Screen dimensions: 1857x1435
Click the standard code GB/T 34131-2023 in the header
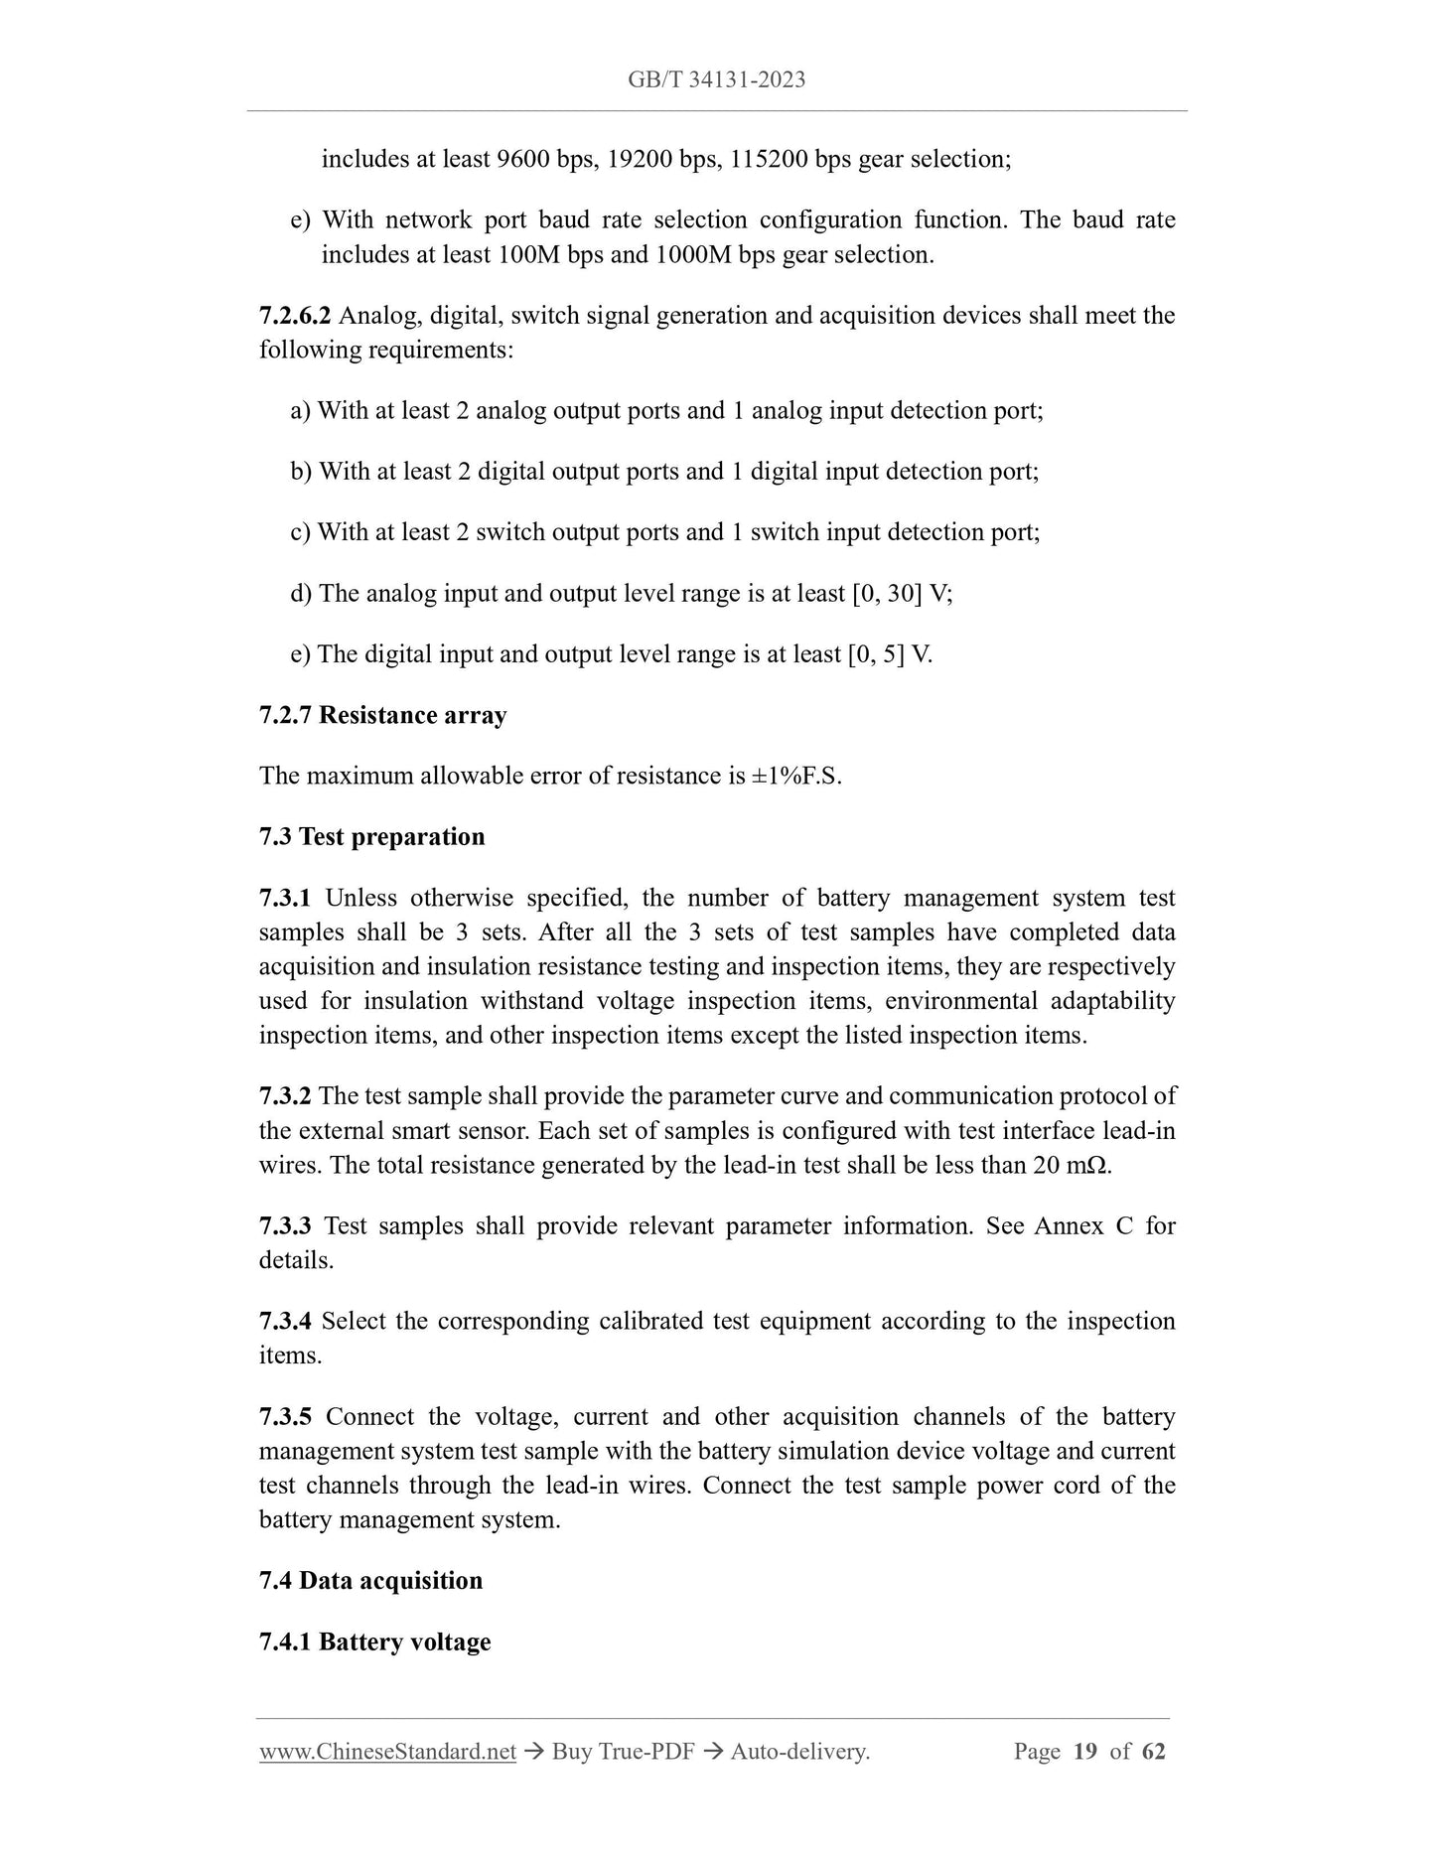tap(716, 79)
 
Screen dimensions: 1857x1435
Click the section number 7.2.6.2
tap(295, 316)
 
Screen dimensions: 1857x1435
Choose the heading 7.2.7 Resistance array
tap(383, 715)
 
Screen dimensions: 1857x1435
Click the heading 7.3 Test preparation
tap(372, 836)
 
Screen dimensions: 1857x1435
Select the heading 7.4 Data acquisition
tap(370, 1580)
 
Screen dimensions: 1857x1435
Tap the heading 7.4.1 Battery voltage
tap(375, 1642)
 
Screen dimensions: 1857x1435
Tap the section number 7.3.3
tap(285, 1225)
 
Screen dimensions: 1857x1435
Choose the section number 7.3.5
tap(285, 1416)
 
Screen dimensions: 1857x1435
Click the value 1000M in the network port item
tap(691, 254)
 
